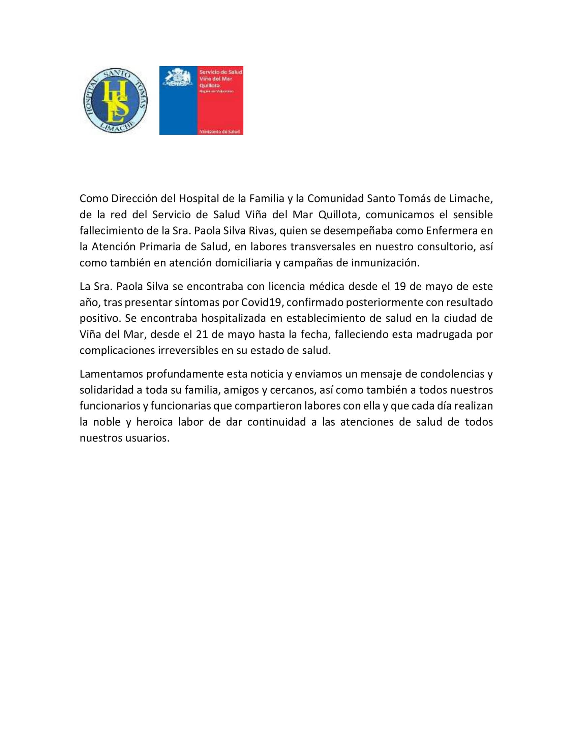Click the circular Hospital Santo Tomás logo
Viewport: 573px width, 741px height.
click(x=115, y=101)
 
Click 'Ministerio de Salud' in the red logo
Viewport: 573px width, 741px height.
click(x=219, y=131)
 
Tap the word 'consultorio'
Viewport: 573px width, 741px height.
click(x=445, y=247)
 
